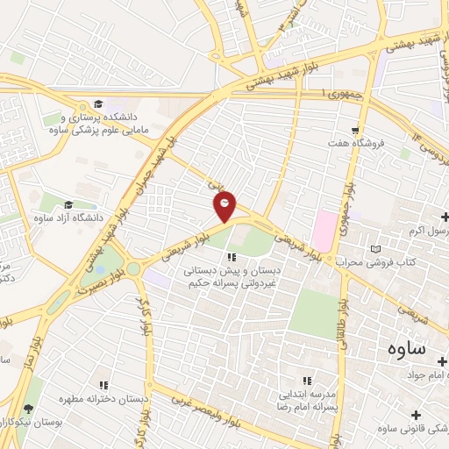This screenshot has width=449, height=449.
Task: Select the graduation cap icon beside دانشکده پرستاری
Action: [98, 104]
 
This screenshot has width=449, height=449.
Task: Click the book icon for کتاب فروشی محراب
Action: [376, 249]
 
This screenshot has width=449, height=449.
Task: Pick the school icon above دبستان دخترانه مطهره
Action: [104, 385]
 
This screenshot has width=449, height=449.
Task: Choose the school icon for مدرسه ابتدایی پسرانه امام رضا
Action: [307, 381]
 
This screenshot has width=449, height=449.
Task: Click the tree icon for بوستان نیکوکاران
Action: [29, 409]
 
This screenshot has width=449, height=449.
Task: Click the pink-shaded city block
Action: [324, 230]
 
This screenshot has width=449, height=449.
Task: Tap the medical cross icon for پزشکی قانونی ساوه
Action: [416, 414]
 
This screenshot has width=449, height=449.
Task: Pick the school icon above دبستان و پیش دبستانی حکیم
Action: [232, 257]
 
